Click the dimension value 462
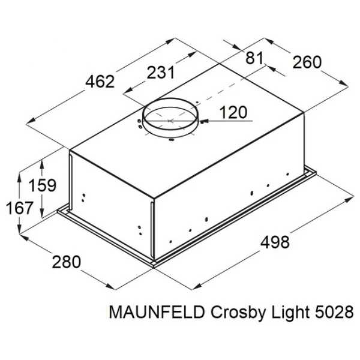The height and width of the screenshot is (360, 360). tap(100, 82)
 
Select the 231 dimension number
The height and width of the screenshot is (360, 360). tap(161, 73)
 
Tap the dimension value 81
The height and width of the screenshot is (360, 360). tap(254, 58)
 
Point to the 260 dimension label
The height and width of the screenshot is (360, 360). tap(307, 62)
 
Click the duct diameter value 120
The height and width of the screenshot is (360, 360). tap(233, 112)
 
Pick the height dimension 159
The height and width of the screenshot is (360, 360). tap(42, 185)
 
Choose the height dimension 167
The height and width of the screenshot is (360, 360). tap(20, 208)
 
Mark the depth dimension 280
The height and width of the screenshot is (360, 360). tap(67, 262)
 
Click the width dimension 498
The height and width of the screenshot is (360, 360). tap(275, 242)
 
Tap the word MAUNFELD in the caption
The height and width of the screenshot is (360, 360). tap(157, 312)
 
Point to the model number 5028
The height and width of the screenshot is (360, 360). tap(334, 312)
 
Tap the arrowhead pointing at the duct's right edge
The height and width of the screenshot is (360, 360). tap(204, 121)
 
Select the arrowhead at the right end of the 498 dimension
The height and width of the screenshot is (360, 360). tap(349, 199)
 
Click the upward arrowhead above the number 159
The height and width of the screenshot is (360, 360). tap(42, 164)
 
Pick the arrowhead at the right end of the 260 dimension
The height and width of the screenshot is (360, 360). tap(344, 83)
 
